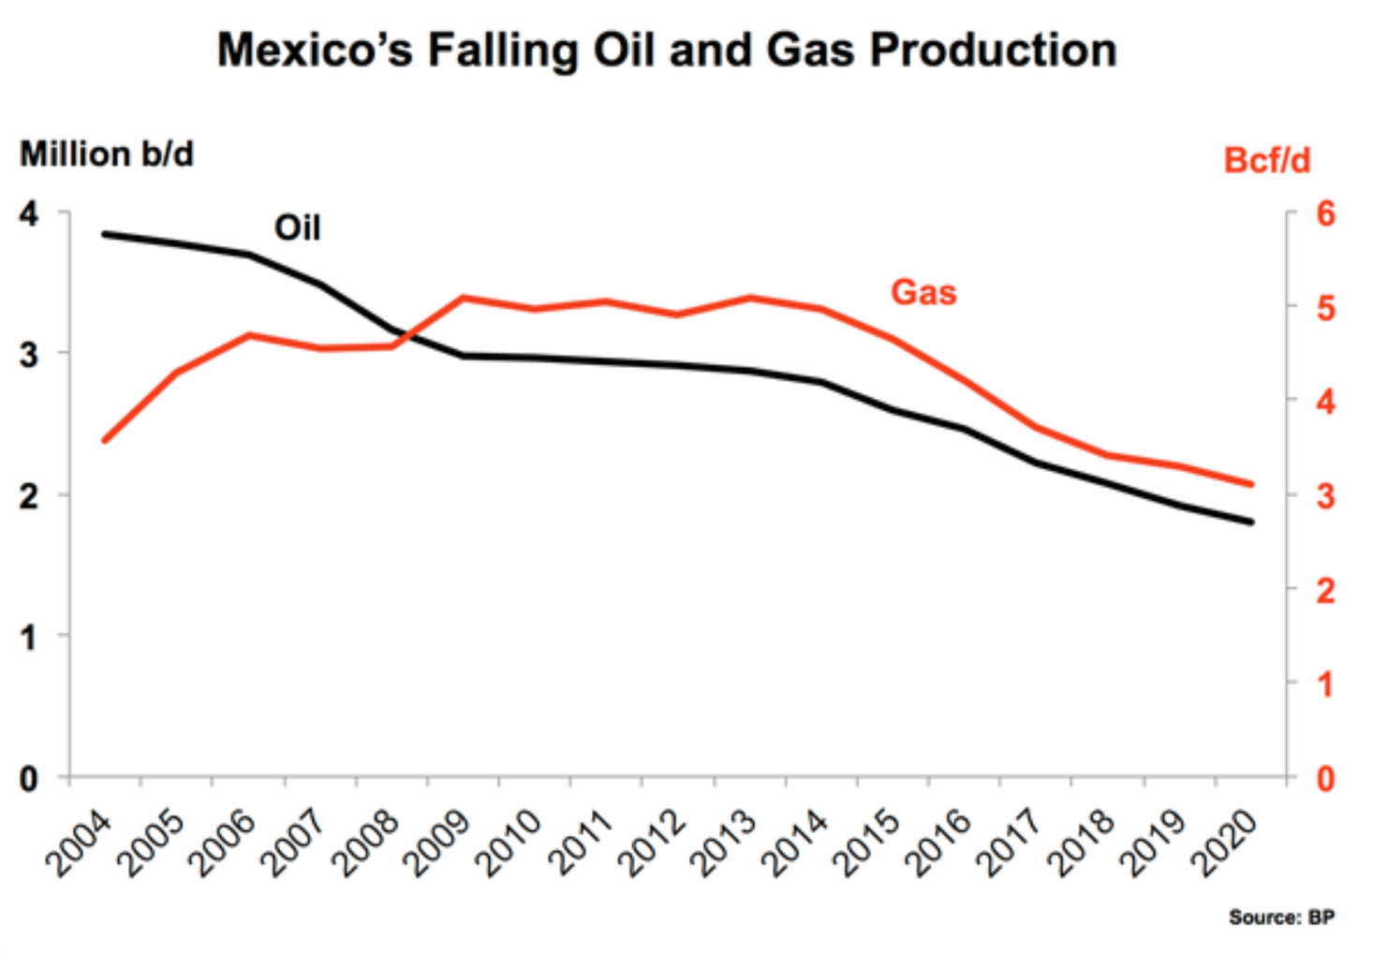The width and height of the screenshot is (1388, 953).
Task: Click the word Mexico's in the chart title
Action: (315, 51)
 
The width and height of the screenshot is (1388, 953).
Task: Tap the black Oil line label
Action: (297, 228)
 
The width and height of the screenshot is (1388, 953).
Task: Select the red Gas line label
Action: (923, 292)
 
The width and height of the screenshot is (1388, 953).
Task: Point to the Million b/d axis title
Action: (107, 154)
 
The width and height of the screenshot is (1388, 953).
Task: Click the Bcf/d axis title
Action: (1266, 161)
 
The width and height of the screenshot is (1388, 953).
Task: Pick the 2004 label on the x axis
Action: (79, 844)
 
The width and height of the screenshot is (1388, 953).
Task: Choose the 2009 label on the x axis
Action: (437, 844)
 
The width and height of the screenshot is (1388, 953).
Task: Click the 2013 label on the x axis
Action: (724, 844)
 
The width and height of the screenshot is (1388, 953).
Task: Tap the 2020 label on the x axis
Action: (1226, 844)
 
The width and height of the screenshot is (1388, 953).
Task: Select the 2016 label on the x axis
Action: (939, 844)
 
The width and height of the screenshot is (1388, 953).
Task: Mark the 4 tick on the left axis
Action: (29, 213)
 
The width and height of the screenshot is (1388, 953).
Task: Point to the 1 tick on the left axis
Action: (29, 638)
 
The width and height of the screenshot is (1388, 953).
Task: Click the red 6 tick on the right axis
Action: (1325, 213)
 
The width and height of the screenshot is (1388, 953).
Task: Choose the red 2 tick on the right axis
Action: (1325, 591)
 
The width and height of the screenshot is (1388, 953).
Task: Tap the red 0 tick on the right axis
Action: (1325, 778)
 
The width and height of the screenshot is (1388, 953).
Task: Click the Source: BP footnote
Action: (1281, 917)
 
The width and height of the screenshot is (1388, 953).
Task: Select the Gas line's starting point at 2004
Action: (105, 440)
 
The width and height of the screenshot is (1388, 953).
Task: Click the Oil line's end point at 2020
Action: (1251, 522)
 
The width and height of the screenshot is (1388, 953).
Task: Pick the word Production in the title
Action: (993, 51)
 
